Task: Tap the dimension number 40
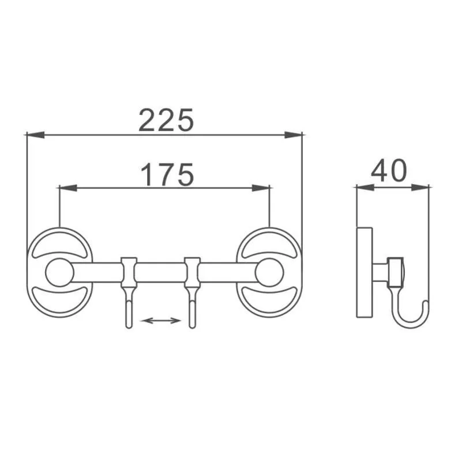(x=389, y=171)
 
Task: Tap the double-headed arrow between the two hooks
(x=161, y=320)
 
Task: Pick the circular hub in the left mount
(x=59, y=272)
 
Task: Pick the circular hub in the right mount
(x=269, y=272)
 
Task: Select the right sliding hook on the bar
(x=192, y=288)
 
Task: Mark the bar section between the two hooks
(x=161, y=272)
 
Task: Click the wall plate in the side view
(x=364, y=272)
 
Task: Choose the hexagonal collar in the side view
(x=395, y=272)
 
